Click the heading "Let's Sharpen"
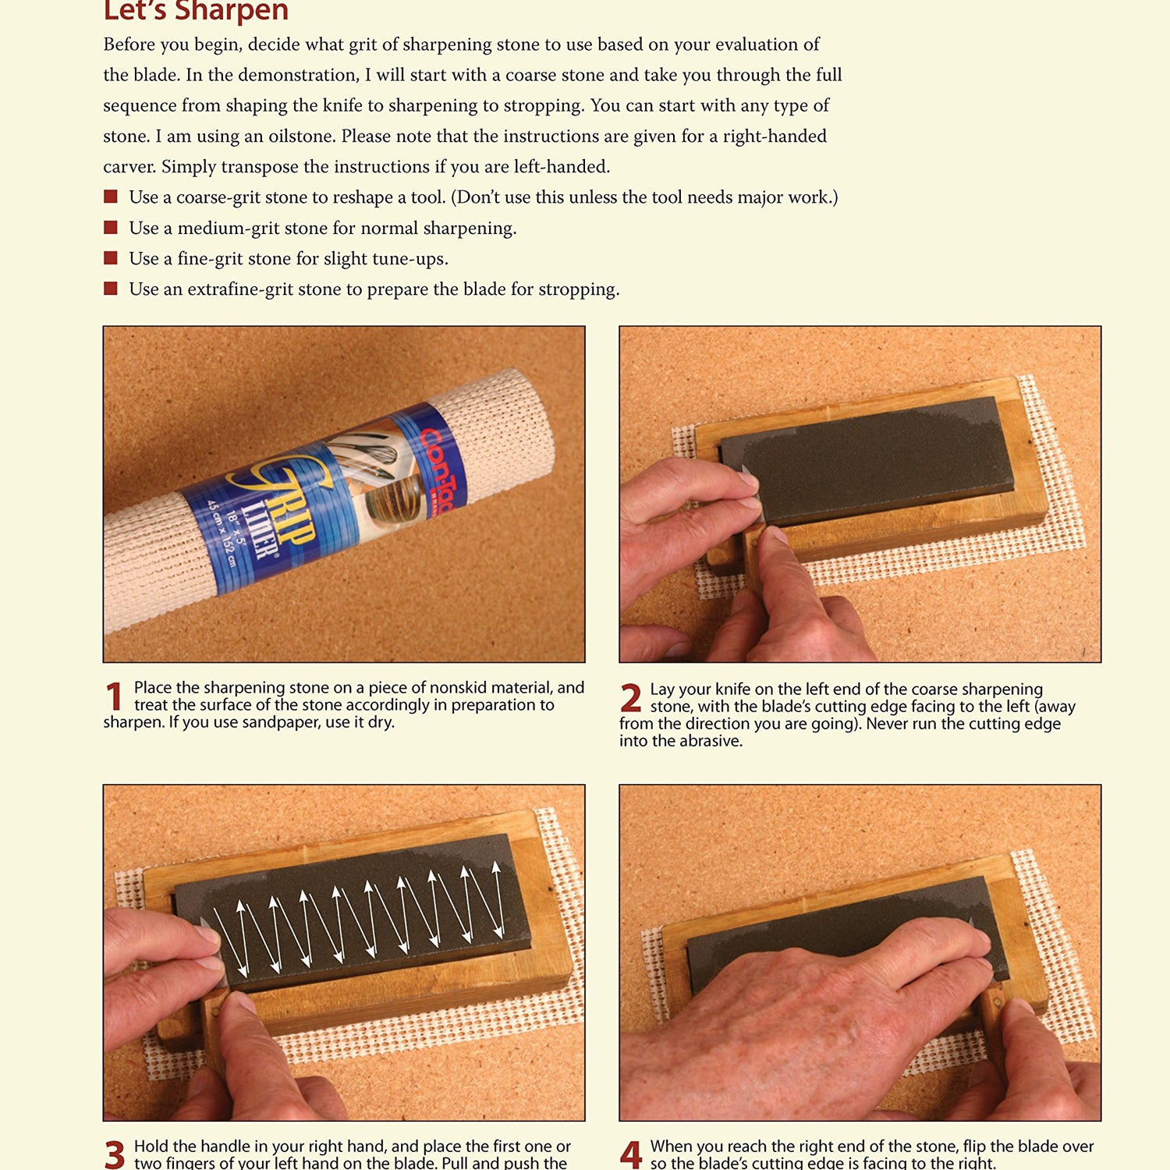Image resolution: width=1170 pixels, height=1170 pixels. point(196,11)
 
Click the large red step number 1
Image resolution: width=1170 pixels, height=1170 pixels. point(114,697)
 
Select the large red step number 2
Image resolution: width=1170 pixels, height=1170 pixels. point(631,698)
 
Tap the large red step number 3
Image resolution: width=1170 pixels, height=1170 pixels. point(114,1154)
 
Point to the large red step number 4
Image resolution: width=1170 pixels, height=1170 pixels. point(631,1155)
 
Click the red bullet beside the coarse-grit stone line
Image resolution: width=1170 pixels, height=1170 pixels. point(111,197)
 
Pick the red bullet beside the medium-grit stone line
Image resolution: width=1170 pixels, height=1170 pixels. point(111,227)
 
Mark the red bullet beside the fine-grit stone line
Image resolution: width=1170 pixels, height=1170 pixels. point(111,257)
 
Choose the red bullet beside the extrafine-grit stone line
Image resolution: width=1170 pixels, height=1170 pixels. point(111,289)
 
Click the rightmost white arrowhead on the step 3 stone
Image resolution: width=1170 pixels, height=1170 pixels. point(496,867)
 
